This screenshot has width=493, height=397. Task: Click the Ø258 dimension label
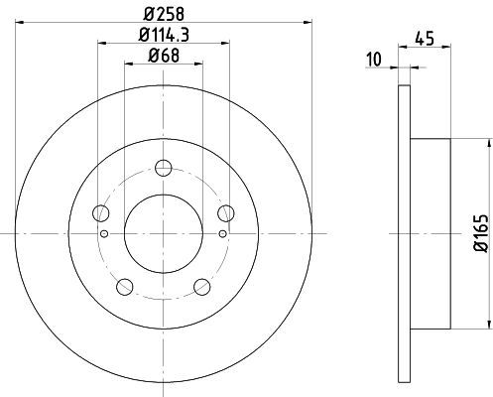click(164, 14)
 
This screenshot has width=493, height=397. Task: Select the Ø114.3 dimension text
click(164, 35)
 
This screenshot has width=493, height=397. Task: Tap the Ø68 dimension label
click(164, 56)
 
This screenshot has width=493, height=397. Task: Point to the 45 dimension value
click(425, 39)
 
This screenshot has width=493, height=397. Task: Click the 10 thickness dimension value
click(374, 60)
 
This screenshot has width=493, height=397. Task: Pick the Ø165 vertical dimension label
click(481, 233)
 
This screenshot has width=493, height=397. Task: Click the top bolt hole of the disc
click(164, 168)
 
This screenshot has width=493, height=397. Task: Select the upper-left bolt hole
click(101, 213)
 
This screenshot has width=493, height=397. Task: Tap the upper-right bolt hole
click(226, 213)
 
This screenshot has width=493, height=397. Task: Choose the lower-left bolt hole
click(125, 287)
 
